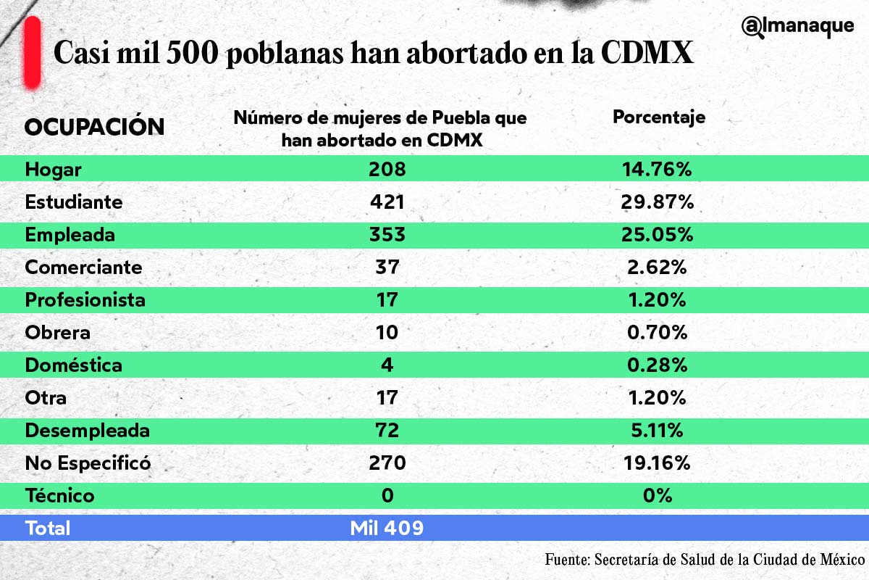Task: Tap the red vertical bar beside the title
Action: click(32, 54)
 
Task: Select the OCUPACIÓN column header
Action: click(95, 127)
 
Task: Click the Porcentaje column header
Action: click(659, 117)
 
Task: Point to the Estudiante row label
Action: click(74, 202)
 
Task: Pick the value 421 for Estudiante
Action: click(387, 202)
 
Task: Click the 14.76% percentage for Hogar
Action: click(658, 170)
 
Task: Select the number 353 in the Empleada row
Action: click(387, 235)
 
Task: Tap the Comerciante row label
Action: click(83, 268)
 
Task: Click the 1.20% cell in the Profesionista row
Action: click(658, 300)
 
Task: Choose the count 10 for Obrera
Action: click(387, 333)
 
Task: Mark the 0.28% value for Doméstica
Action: click(658, 365)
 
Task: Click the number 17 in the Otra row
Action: click(387, 398)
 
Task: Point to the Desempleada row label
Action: click(87, 431)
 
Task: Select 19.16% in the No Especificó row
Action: click(658, 463)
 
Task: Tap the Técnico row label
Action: click(59, 496)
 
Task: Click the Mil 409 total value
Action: click(387, 529)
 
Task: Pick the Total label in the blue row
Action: click(48, 529)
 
